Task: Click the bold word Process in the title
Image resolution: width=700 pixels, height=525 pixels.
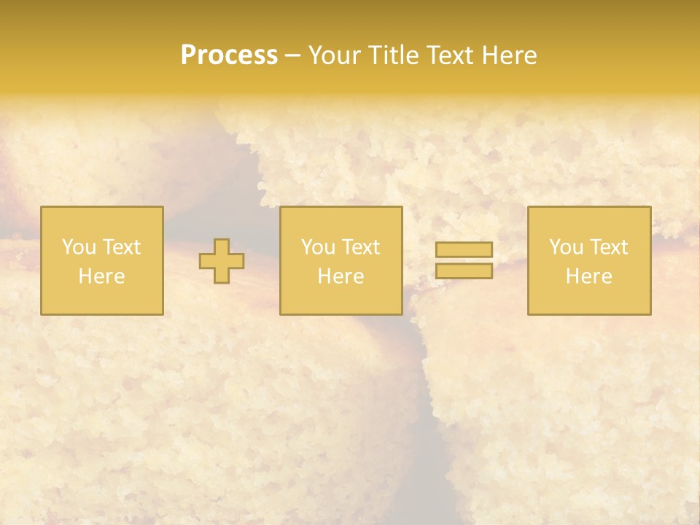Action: point(229,55)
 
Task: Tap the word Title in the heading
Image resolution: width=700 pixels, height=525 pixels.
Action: point(394,55)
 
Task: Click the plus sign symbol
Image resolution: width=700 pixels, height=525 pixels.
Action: point(222,261)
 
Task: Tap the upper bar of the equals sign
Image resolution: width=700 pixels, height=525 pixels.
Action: point(464,250)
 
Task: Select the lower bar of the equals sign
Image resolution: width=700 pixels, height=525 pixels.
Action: point(464,271)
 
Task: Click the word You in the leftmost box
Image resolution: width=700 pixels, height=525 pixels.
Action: point(79,247)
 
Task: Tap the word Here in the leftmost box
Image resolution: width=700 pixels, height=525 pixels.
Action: point(101,276)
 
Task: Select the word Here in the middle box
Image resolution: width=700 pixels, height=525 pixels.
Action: point(341,276)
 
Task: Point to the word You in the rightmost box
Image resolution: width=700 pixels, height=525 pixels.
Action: point(566,247)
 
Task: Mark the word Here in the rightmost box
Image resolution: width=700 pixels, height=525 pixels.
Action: point(588,276)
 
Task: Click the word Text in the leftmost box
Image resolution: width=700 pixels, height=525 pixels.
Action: point(121,247)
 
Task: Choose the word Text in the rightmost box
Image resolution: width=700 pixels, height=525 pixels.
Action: point(608,247)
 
